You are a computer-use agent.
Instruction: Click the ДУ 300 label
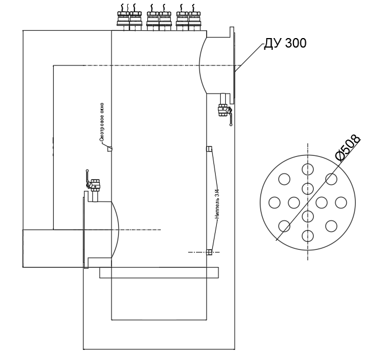285,43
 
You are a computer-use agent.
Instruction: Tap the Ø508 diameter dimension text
348,148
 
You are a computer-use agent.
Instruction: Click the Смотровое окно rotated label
102,122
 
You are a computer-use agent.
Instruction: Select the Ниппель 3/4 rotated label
217,204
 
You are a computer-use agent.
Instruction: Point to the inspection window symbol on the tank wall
110,149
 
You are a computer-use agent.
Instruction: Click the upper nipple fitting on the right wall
209,149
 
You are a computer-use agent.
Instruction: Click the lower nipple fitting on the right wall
209,252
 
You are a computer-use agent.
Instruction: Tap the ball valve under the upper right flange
225,110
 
